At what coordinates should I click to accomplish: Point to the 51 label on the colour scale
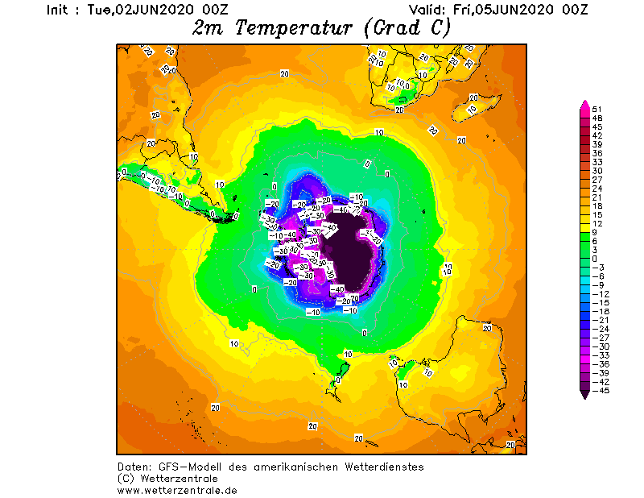click(x=597, y=109)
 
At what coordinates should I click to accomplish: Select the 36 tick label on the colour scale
click(x=597, y=153)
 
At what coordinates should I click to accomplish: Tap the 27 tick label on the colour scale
click(x=597, y=180)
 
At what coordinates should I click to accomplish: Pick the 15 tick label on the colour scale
click(x=597, y=215)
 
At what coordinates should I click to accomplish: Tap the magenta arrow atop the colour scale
click(x=584, y=105)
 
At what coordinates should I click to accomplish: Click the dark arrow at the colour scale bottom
click(x=584, y=393)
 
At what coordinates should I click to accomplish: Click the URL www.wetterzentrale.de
click(x=177, y=489)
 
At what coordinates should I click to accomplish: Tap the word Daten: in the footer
click(x=134, y=467)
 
